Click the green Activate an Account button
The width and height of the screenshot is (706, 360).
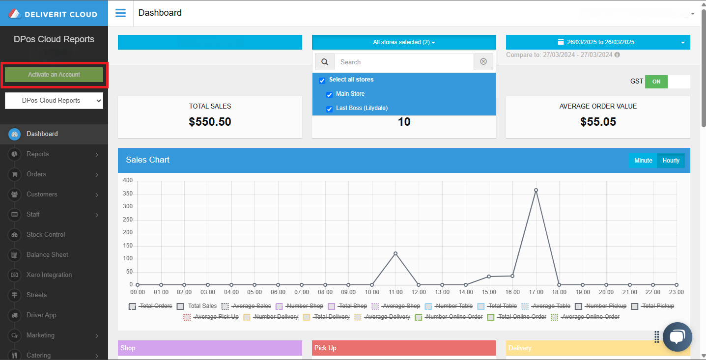[x=54, y=75]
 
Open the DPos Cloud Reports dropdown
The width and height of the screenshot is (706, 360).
[x=54, y=101]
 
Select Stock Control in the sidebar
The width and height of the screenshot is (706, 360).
[x=46, y=235]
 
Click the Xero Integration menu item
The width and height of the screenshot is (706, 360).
[x=49, y=275]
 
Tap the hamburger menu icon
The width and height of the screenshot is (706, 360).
[x=120, y=13]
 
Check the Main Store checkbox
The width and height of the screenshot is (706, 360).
[x=330, y=95]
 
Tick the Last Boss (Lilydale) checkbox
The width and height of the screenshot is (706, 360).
[x=330, y=109]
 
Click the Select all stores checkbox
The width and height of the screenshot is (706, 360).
[x=322, y=81]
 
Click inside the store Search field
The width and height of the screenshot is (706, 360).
[x=404, y=62]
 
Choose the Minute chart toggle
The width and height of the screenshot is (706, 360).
[x=643, y=161]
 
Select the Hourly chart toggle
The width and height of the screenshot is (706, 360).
[x=671, y=161]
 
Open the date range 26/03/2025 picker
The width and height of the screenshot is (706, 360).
[x=598, y=42]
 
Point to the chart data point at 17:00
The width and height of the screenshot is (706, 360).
[x=536, y=190]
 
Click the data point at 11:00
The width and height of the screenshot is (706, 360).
[x=395, y=253]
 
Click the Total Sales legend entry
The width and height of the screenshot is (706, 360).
[x=202, y=306]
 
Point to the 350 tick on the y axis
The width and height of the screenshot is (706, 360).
[x=128, y=194]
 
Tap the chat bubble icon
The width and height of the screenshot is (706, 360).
[x=677, y=337]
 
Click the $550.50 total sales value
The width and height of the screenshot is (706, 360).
[x=210, y=122]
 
